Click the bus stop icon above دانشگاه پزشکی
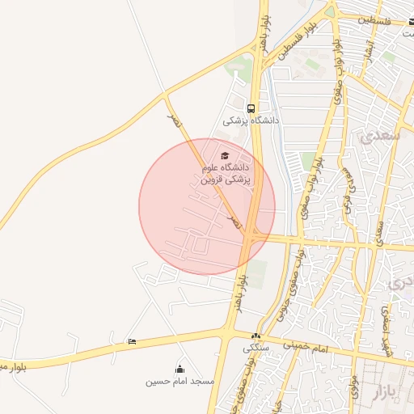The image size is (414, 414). pyautogui.click(x=251, y=108)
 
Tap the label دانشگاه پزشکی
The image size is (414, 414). pyautogui.click(x=251, y=120)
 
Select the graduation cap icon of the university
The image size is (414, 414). pyautogui.click(x=225, y=155)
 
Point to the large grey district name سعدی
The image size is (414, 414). pyautogui.click(x=382, y=134)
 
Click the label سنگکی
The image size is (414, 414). pyautogui.click(x=257, y=349)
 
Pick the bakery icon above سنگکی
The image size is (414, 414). pyautogui.click(x=256, y=336)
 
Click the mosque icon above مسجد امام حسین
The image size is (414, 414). pyautogui.click(x=180, y=369)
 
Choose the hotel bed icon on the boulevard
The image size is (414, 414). pyautogui.click(x=132, y=342)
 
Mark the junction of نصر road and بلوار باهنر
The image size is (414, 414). pyautogui.click(x=252, y=236)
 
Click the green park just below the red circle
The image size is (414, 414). pyautogui.click(x=257, y=273)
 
